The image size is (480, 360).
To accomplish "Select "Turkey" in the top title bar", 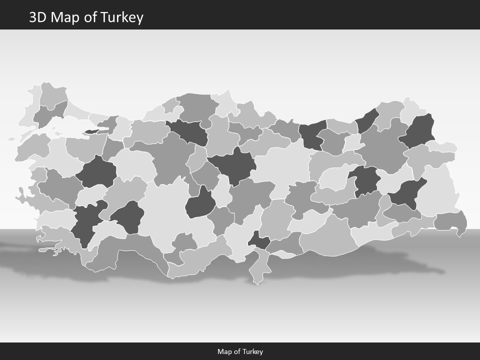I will (x=121, y=17).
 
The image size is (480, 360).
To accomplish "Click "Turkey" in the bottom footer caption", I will (x=252, y=351).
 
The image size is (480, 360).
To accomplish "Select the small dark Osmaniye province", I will (x=259, y=240).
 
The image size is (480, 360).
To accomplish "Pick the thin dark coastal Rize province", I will (x=367, y=120).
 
